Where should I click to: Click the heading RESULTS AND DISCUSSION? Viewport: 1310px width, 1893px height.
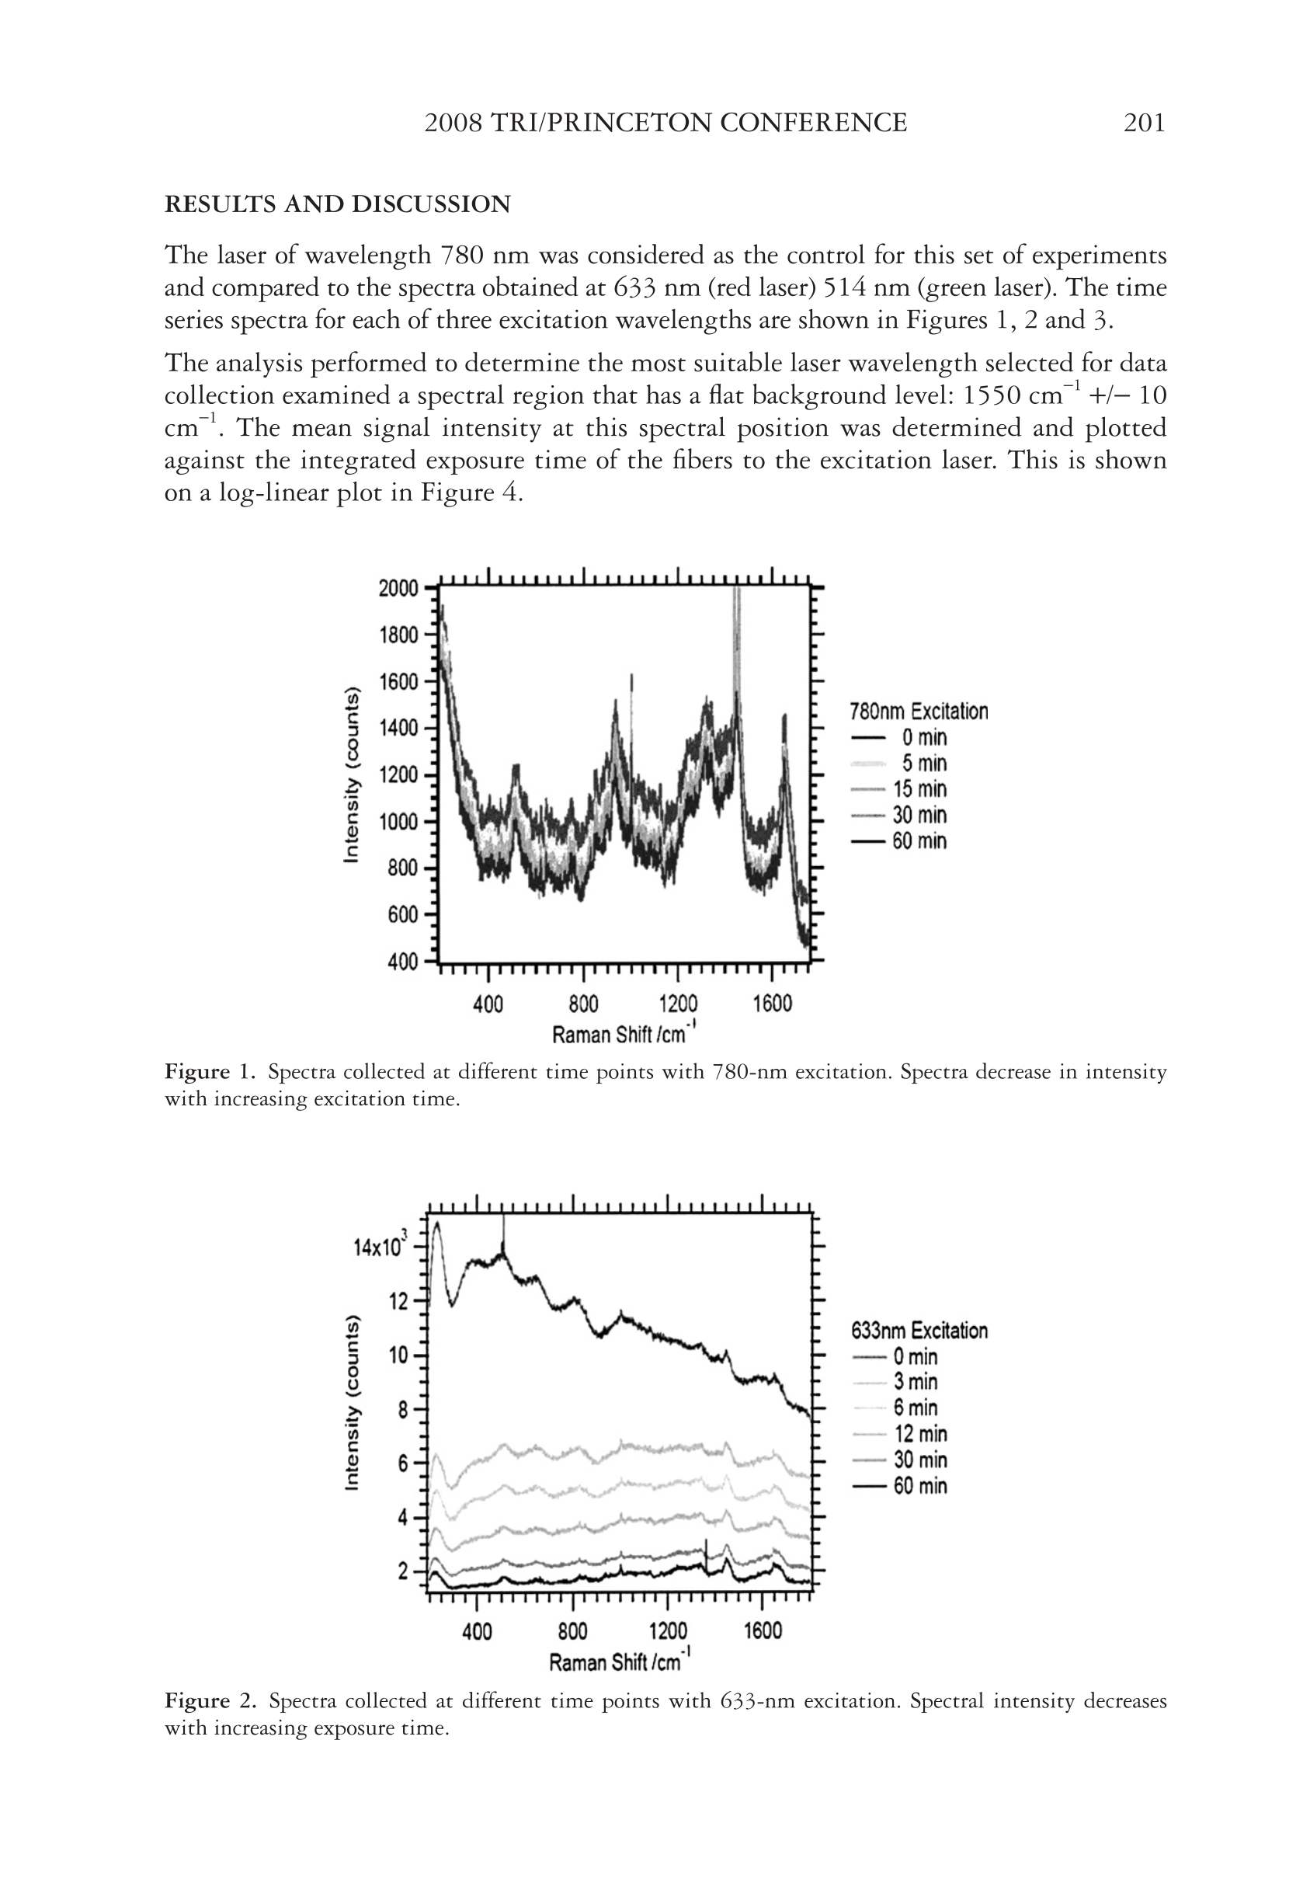pyautogui.click(x=337, y=204)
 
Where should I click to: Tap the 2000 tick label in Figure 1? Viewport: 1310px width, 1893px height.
pyautogui.click(x=398, y=589)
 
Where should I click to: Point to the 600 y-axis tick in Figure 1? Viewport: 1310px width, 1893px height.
pyautogui.click(x=403, y=914)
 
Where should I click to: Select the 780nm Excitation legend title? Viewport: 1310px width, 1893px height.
pyautogui.click(x=919, y=711)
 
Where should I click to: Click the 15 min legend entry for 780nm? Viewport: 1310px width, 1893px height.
pyautogui.click(x=919, y=789)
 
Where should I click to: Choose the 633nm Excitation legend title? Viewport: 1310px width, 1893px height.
pyautogui.click(x=919, y=1330)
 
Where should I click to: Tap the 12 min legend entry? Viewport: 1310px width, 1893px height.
pyautogui.click(x=920, y=1434)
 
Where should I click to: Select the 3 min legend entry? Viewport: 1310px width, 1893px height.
pyautogui.click(x=916, y=1382)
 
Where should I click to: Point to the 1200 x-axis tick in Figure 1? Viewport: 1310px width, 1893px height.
pyautogui.click(x=678, y=1003)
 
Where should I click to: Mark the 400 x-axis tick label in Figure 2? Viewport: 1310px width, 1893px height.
pyautogui.click(x=477, y=1631)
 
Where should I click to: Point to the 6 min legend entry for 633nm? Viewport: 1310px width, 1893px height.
pyautogui.click(x=916, y=1408)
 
